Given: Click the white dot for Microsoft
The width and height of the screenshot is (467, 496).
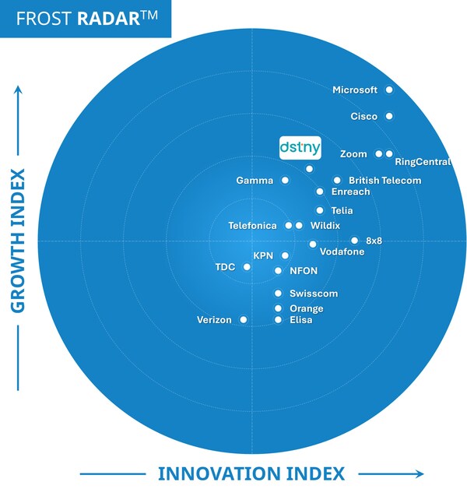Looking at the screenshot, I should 389,90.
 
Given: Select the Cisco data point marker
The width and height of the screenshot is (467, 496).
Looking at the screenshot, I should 389,116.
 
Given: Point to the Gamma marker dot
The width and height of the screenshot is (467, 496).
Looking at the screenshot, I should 285,180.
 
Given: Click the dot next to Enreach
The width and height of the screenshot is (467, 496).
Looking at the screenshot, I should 320,192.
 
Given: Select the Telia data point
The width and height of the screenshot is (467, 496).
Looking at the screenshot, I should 320,210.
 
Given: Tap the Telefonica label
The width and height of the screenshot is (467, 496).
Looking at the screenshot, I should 252,226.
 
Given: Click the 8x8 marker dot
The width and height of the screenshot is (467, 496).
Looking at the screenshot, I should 354,241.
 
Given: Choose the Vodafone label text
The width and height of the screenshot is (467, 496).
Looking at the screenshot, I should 342,252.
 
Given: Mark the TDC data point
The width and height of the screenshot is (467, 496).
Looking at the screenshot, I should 247,267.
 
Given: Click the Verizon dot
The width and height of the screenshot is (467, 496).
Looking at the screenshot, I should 244,319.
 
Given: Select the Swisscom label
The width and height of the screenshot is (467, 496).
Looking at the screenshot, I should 314,294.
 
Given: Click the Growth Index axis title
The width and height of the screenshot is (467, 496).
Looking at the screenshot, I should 18,241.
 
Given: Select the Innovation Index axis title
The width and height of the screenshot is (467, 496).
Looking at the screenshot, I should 251,473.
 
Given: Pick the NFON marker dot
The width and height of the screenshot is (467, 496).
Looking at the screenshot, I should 279,271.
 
